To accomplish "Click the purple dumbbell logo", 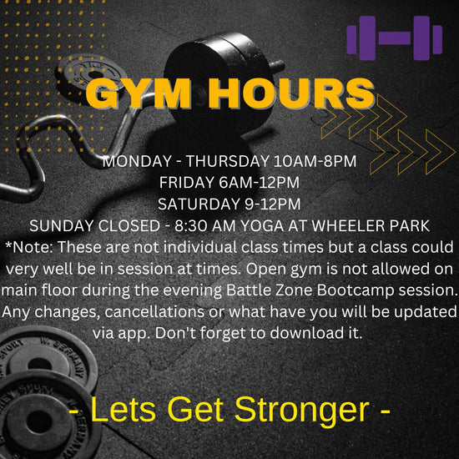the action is [x=394, y=38].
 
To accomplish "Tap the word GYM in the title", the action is [x=139, y=93].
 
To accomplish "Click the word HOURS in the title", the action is [x=291, y=93].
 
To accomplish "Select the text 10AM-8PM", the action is [x=315, y=161].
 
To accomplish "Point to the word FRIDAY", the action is [x=187, y=183].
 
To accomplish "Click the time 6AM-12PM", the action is [x=259, y=183].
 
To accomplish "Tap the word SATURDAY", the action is [x=199, y=204].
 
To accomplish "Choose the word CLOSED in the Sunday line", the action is [x=129, y=225].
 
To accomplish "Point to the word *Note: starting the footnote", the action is [x=28, y=247].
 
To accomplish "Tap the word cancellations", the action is [x=154, y=311].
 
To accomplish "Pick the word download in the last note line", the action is [x=306, y=333].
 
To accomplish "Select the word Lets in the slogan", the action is [x=123, y=409].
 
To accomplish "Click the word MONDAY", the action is [x=137, y=161].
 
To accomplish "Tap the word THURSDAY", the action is [x=228, y=161].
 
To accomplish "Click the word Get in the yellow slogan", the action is [x=195, y=409].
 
